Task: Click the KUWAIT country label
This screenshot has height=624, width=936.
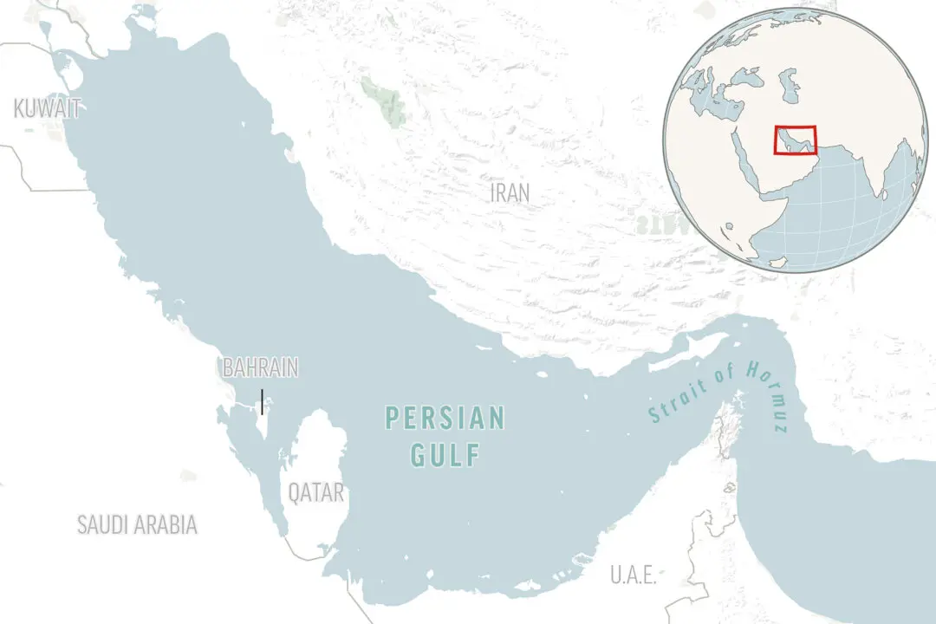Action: click(x=48, y=108)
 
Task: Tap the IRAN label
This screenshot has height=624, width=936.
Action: click(x=510, y=192)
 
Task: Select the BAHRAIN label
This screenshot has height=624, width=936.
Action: click(x=260, y=367)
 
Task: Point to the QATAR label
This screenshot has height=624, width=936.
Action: click(x=316, y=493)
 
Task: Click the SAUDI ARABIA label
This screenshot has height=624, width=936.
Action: click(x=137, y=524)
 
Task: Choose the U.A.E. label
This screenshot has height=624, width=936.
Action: click(x=633, y=575)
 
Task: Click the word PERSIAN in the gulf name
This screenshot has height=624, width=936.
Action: click(x=445, y=419)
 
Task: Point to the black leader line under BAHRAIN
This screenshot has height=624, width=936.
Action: click(x=262, y=401)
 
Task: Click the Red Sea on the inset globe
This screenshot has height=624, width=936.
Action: click(x=746, y=161)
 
